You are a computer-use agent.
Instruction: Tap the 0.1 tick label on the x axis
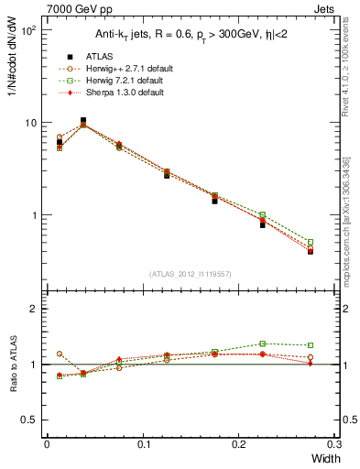pyautogui.click(x=144, y=443)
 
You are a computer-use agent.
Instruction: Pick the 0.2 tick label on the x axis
pyautogui.click(x=240, y=443)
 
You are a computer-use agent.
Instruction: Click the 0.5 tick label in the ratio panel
pyautogui.click(x=29, y=420)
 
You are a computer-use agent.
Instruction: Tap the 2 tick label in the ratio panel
pyautogui.click(x=35, y=309)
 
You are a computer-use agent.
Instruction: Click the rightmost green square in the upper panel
pyautogui.click(x=311, y=243)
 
